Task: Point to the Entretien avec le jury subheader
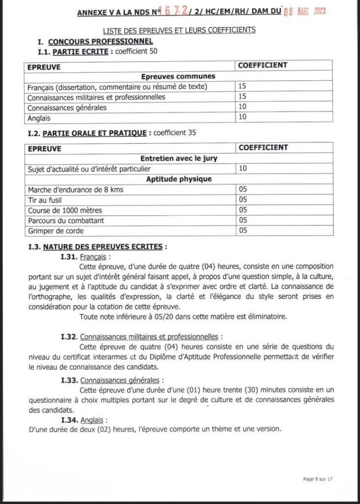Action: [x=179, y=158]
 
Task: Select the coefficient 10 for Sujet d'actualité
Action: [x=243, y=169]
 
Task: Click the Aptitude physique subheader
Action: [x=179, y=179]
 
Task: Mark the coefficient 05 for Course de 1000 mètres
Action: [x=243, y=210]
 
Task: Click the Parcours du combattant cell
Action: [x=66, y=220]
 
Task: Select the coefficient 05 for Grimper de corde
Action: [x=243, y=231]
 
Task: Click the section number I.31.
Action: [x=68, y=256]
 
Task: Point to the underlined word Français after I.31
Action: [x=93, y=256]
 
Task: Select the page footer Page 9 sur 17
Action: [x=318, y=478]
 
